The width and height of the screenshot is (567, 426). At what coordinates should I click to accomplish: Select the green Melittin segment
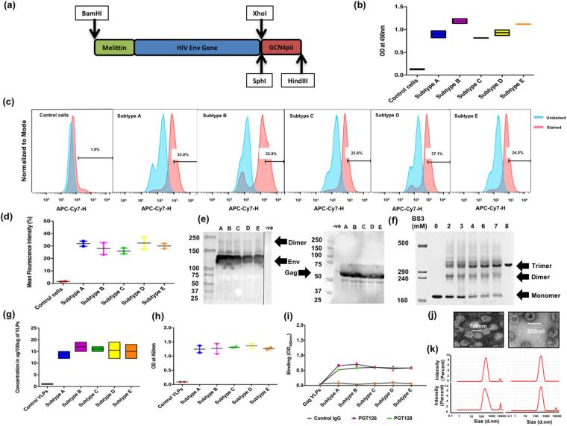tap(113, 50)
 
